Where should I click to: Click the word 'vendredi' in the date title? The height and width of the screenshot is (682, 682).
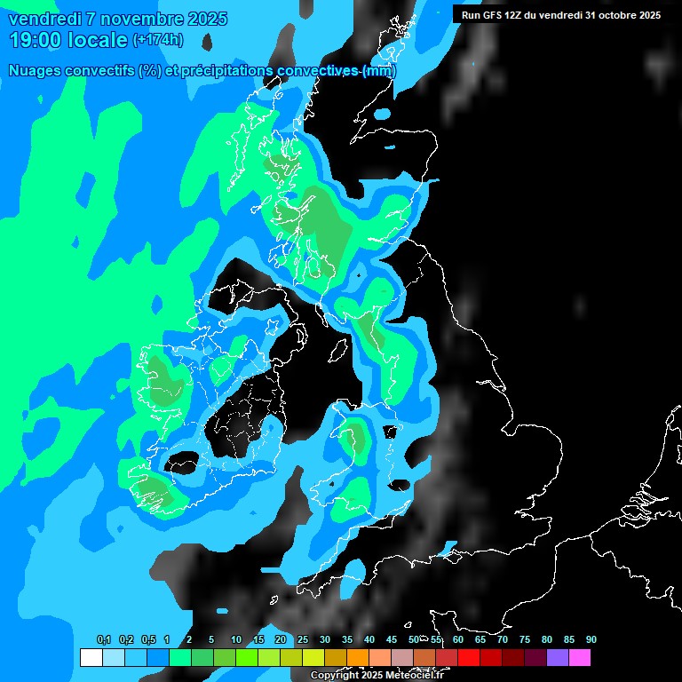point(45,19)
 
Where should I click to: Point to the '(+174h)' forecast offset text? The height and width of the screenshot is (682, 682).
point(158,40)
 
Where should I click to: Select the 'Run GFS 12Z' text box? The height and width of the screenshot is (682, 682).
point(561,15)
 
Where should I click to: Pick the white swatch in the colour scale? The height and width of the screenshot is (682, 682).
point(91,658)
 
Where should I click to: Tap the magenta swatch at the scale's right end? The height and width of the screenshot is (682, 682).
point(579,658)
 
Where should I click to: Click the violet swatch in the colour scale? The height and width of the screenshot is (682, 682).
point(557,658)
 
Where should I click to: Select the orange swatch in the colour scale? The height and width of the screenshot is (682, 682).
point(357,658)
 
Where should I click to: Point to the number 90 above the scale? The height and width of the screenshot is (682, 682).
point(591,639)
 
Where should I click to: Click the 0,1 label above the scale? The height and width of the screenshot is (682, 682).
point(104,639)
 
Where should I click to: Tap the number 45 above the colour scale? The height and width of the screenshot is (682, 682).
point(392,639)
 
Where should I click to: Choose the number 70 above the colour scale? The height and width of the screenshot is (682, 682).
point(503,639)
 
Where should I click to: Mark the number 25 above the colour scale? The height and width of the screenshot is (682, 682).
point(303,639)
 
